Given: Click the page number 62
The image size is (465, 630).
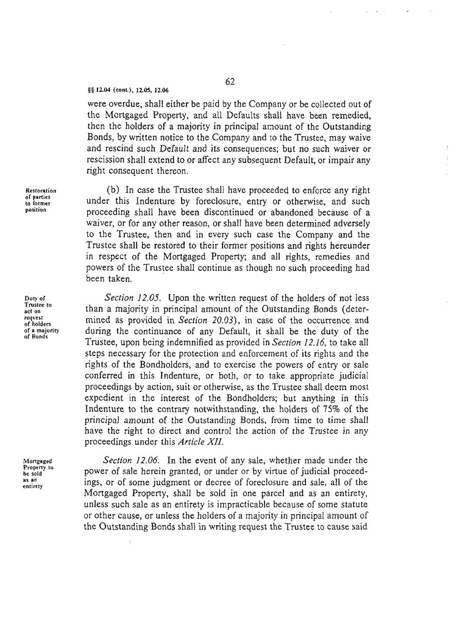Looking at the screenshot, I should pos(230,82).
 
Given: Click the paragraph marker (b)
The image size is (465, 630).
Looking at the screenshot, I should pos(115,190).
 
